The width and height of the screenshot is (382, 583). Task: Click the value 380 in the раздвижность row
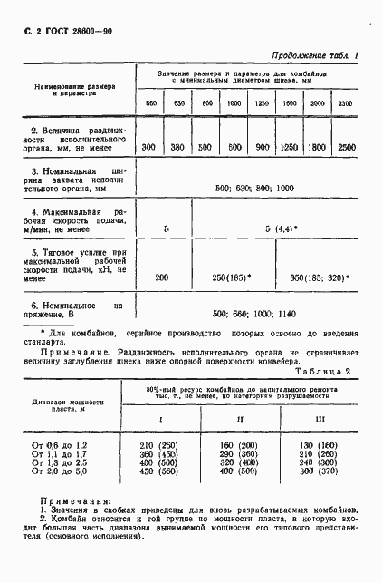pos(178,147)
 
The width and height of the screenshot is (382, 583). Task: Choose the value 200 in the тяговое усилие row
pos(161,277)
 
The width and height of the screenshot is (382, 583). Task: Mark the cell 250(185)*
pos(232,277)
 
